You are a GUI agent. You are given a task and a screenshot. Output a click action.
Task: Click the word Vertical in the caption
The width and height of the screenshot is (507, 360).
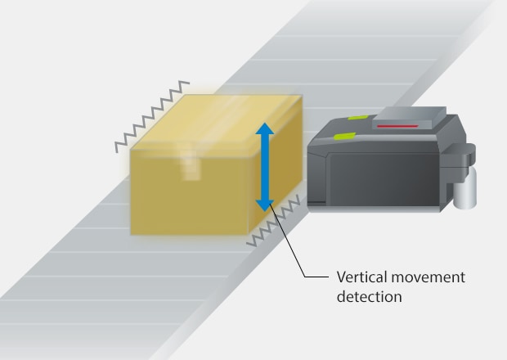click(361, 277)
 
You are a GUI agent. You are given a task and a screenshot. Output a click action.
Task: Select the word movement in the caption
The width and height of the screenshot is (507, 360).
click(428, 278)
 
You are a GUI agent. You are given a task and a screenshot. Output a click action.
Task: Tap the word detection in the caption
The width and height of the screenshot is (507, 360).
click(370, 297)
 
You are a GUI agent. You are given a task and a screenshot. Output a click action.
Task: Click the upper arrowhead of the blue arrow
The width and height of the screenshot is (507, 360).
click(265, 128)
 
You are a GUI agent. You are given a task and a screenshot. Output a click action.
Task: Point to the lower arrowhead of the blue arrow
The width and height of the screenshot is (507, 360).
click(265, 205)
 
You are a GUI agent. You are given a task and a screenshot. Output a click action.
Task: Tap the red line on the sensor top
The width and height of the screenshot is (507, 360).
click(398, 126)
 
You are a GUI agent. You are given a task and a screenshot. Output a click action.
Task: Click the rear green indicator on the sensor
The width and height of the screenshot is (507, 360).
click(358, 118)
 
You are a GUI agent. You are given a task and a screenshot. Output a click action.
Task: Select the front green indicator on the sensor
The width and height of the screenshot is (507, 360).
click(345, 136)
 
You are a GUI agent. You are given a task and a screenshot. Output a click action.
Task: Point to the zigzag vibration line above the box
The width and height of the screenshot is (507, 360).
click(152, 116)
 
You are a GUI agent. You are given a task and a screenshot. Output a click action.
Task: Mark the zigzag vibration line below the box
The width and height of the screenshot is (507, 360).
click(273, 222)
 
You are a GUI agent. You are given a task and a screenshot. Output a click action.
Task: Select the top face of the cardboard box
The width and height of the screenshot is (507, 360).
click(216, 122)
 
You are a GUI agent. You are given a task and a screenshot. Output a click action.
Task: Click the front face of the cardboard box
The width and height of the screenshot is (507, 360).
click(191, 192)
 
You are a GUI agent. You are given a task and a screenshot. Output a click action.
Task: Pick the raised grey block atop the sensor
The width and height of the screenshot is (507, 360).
click(409, 119)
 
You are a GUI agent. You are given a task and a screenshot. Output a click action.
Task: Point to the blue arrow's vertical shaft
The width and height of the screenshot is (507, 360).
click(265, 167)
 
